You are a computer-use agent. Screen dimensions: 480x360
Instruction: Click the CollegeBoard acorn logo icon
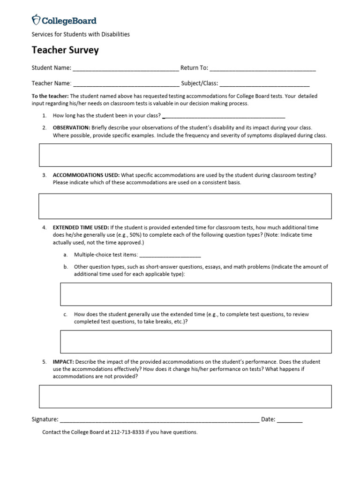tap(36, 20)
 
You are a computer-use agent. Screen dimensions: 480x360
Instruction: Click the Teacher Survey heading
tap(65, 50)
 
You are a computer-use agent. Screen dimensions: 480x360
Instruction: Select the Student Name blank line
tap(126, 68)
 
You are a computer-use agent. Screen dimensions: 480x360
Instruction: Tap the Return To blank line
tap(263, 68)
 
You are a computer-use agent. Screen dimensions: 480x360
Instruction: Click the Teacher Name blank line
tap(126, 84)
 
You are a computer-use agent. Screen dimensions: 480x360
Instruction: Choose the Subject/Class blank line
tap(264, 84)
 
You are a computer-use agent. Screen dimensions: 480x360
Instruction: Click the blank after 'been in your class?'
tap(224, 116)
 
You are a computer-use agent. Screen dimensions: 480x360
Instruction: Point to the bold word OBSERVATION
tap(71, 127)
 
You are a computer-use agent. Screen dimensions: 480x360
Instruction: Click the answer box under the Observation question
tap(185, 155)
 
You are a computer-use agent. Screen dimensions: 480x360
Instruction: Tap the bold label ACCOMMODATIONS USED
tap(86, 175)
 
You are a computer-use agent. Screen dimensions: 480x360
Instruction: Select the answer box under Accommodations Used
tap(185, 206)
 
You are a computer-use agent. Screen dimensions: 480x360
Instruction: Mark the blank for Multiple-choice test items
tap(170, 255)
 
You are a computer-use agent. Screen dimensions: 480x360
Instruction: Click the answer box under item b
tap(195, 294)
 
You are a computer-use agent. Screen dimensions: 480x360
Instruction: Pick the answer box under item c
tap(195, 341)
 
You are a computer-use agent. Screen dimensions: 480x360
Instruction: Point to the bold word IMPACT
tap(63, 362)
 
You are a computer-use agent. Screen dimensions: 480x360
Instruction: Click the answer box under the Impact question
tap(185, 397)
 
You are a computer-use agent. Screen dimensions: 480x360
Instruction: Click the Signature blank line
tap(159, 420)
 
